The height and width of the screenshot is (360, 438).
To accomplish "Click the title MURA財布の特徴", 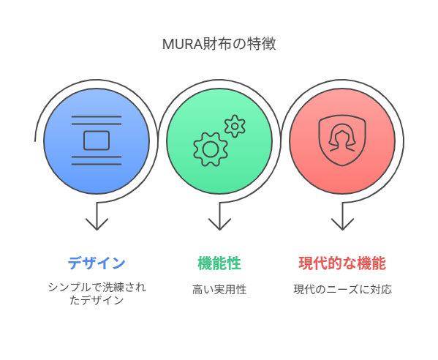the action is tap(219, 44).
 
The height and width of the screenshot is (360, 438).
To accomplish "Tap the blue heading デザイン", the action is tap(97, 263).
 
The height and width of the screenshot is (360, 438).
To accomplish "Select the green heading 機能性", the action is tap(219, 263).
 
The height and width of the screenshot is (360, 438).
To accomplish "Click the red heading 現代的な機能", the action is tap(342, 263).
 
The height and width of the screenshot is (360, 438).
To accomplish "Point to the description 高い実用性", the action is tap(219, 289).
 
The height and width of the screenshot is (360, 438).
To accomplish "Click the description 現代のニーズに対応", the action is tap(342, 289).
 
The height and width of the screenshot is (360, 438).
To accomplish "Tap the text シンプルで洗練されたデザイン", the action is tap(97, 293).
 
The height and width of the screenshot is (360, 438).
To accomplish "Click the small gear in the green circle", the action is tap(235, 126).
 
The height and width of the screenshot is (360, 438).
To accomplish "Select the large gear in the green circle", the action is tap(211, 149).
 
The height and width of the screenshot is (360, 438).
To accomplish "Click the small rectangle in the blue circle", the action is tap(97, 140).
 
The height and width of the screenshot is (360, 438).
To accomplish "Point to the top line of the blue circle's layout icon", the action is tap(97, 116).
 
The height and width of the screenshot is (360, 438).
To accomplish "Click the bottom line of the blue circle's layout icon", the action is tap(97, 164).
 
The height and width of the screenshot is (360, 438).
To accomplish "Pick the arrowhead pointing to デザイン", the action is tap(97, 224).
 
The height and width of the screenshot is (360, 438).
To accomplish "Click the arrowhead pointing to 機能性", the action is tap(219, 224).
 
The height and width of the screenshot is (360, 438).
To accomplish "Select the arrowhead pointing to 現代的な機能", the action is tap(342, 224).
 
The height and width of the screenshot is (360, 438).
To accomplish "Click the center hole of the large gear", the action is tap(211, 149).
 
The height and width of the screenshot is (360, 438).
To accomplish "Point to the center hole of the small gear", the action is tap(235, 126).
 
